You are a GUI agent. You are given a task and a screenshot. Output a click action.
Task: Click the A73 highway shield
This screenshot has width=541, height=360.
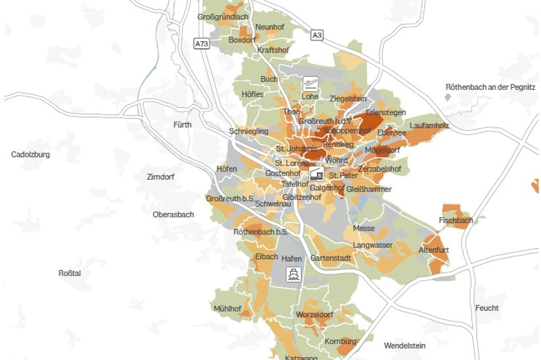click(x=201, y=44)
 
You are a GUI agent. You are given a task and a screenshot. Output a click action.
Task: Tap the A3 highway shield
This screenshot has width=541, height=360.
click(x=317, y=35)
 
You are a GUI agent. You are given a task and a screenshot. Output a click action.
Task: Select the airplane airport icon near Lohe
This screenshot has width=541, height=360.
click(x=310, y=84)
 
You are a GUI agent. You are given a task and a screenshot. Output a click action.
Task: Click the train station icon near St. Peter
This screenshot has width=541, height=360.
click(x=316, y=174)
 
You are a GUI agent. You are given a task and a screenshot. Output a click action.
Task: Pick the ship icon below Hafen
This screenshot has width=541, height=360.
click(x=293, y=274)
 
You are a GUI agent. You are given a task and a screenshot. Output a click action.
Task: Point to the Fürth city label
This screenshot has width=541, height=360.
click(x=182, y=125)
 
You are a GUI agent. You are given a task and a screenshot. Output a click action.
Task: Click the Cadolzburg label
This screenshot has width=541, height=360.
click(x=30, y=154)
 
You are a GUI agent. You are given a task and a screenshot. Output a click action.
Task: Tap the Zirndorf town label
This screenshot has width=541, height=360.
click(x=161, y=177)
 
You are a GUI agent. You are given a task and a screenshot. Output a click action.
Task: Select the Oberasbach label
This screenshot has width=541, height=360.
click(x=173, y=215)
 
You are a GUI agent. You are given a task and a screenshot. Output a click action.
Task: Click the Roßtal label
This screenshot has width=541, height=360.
click(x=69, y=273)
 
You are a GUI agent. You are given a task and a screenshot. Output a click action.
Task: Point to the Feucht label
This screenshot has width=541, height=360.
click(x=487, y=308)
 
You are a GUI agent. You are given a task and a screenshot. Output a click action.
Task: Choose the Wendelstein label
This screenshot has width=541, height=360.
click(x=404, y=345)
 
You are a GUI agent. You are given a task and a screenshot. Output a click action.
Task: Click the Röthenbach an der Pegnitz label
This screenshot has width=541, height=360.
click(x=490, y=87)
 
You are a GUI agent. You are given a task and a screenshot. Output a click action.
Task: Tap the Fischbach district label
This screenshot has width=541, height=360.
click(x=456, y=220)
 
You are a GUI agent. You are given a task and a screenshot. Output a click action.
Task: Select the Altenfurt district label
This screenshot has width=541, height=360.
click(x=434, y=250)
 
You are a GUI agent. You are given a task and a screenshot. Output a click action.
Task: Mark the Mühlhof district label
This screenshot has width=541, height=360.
click(x=227, y=309)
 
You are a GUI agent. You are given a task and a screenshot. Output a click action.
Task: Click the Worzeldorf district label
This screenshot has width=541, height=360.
click(x=314, y=314)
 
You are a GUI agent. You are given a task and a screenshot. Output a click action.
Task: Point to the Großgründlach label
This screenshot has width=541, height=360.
click(x=223, y=17)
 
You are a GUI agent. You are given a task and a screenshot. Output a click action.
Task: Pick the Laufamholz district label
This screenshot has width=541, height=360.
click(x=429, y=126)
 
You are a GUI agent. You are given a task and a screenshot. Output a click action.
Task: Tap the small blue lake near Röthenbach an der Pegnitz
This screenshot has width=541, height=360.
click(x=448, y=97)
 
